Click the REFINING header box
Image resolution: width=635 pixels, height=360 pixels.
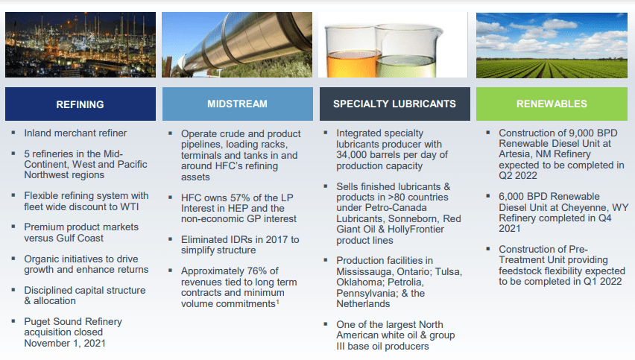click(80, 104)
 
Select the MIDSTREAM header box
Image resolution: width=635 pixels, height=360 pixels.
click(237, 104)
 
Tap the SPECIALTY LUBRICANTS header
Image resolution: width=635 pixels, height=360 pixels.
click(394, 104)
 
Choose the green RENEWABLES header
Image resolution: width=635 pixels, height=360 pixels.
click(551, 104)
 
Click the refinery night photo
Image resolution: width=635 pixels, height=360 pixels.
click(80, 45)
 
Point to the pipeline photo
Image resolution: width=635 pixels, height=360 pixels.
click(237, 45)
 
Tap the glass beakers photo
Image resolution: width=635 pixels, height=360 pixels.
click(394, 45)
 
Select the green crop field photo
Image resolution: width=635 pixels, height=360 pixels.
click(551, 45)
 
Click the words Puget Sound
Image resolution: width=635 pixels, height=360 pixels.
click(52, 321)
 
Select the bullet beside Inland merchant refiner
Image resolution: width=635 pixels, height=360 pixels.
click(13, 133)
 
